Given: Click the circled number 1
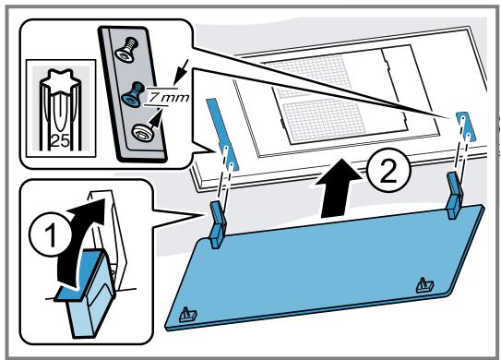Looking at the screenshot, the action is pos(50,235).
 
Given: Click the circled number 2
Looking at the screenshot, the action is pos(388,172).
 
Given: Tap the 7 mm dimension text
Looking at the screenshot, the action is pos(169,97).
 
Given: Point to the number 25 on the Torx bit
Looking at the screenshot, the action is pos(60,140).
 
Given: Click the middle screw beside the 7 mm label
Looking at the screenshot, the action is pos(133,95).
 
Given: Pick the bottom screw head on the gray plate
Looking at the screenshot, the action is pos(142,132).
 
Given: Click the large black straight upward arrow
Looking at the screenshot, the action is pos(339,188).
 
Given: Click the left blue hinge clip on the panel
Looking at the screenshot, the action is pos(219,223).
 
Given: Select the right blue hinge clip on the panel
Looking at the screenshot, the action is pos(455,195).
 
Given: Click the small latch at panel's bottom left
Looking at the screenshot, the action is pos(188,315).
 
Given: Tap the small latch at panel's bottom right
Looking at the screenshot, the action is pos(425,284).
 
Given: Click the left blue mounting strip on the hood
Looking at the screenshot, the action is pos(222,134).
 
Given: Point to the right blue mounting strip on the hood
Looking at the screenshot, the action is pos(466,127).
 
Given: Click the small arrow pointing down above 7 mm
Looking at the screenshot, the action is pos(182,72).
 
